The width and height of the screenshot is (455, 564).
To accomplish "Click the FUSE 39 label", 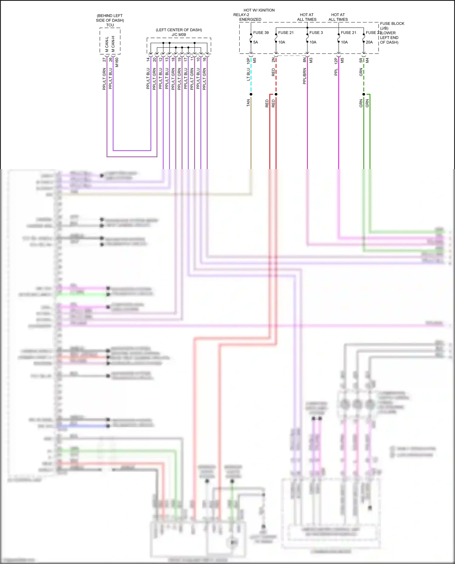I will pos(261,33).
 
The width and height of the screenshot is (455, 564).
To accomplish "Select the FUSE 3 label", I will pos(316,33).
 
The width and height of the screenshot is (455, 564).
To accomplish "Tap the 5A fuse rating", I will pos(255,42).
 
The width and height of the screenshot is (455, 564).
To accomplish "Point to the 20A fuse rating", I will pos(369,42).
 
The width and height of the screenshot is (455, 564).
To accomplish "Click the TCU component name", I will pos(110,25).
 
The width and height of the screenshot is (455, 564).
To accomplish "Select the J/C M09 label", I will pos(179,35).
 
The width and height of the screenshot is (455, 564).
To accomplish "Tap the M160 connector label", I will pos(117,62).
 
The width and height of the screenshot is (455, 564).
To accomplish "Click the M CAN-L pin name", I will pos(107,45).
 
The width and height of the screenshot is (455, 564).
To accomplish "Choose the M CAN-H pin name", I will pos(113,44).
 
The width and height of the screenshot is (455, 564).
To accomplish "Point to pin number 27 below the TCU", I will pos(104,60).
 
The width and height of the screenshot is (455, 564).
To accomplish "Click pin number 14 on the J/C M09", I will pos(148,60).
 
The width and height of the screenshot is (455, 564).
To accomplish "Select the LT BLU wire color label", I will pos(248,74).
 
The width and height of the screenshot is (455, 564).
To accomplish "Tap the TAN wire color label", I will pos(248,103).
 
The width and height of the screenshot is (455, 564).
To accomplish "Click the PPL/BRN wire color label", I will pos(305,76).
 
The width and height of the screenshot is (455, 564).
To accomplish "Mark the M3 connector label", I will pos(311,60).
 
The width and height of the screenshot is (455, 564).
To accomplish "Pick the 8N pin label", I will pos(305,60).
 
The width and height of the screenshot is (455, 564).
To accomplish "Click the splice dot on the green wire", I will pos(364,94).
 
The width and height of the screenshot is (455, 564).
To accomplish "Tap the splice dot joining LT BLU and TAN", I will pos(251,94).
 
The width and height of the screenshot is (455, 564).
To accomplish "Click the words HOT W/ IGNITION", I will pos(259,10).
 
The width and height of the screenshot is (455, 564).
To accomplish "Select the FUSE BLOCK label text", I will pos(392,24).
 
